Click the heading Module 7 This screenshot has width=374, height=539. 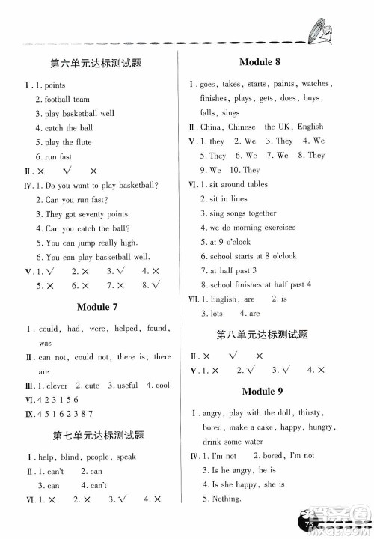tap(98, 307)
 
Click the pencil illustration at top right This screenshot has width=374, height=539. tap(322, 32)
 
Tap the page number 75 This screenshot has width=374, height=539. tap(307, 520)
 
